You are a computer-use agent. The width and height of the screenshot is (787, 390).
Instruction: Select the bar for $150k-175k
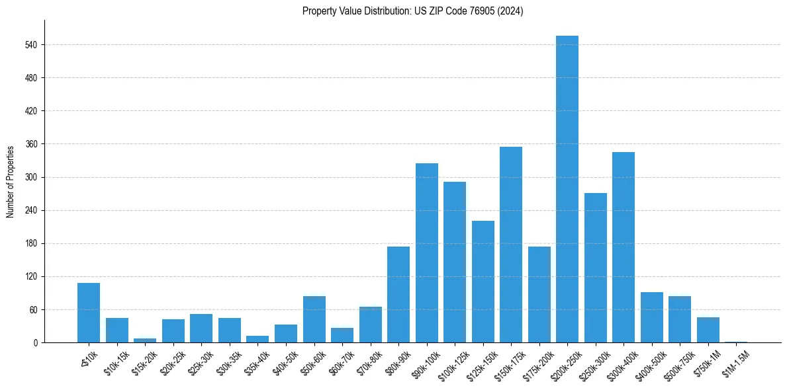pos(511,245)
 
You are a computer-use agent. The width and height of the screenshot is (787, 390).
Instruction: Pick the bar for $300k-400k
pos(624,247)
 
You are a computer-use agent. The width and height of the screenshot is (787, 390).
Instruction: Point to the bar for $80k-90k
pos(398,294)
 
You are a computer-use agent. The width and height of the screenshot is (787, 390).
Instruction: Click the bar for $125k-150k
pos(483,282)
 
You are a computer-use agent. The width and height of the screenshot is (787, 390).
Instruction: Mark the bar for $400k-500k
pos(652,317)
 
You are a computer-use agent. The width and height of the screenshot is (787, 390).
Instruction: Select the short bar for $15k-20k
pos(145,340)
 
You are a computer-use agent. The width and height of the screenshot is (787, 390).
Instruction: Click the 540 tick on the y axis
pos(31,45)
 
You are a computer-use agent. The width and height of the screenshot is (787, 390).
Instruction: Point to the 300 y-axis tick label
pos(31,177)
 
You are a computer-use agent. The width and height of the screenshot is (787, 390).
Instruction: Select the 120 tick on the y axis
pos(31,276)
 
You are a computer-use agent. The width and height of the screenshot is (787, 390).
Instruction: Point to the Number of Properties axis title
pos(11,181)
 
